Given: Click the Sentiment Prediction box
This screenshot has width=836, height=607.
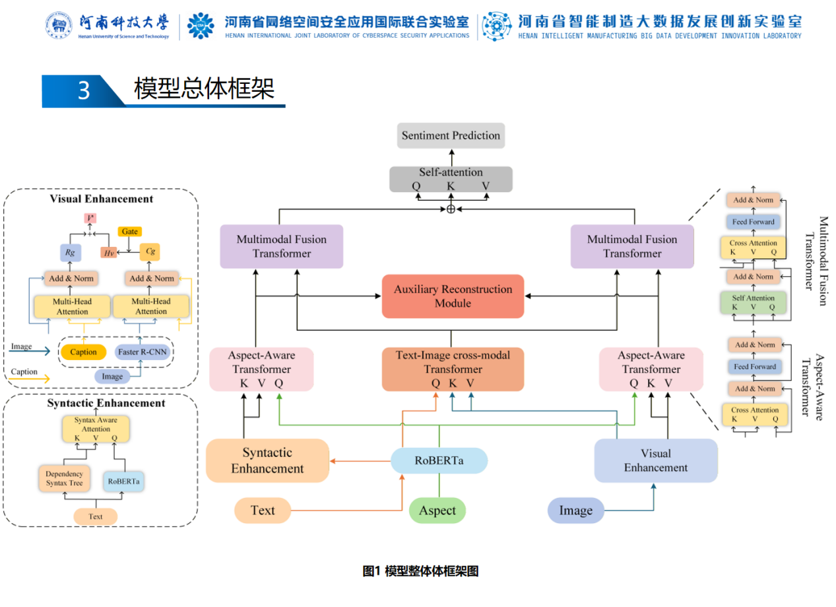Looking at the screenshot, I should tap(451, 135).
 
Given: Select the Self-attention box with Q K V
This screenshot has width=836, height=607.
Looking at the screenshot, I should tap(451, 179).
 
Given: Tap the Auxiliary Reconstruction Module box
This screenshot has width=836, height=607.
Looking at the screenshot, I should tap(453, 296).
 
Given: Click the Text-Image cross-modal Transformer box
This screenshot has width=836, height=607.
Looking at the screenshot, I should tap(453, 369).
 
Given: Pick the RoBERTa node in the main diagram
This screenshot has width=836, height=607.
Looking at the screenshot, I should tap(439, 460).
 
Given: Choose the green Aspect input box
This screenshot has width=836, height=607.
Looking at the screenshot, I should tap(437, 511).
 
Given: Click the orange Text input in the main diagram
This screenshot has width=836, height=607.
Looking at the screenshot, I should tap(263, 511).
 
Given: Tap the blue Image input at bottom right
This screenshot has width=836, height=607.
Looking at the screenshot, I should tap(575, 511).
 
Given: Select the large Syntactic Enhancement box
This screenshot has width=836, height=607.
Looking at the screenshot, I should tap(267, 460).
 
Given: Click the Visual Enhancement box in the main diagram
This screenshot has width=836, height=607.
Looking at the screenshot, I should tap(655, 460).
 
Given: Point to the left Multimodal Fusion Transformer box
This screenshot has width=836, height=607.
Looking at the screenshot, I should tap(282, 246).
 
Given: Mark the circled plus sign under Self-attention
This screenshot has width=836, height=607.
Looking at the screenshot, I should tap(451, 209).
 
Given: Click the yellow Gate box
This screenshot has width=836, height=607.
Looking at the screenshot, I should tap(129, 232).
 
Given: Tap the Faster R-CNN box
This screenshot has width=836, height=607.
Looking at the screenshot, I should tap(143, 352).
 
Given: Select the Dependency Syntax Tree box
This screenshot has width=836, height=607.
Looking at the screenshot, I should tap(64, 478).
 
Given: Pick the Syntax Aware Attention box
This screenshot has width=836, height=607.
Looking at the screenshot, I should tap(96, 429).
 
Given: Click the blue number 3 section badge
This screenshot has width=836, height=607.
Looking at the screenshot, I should tap(83, 90).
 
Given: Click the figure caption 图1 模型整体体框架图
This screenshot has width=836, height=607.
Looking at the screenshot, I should tap(420, 571).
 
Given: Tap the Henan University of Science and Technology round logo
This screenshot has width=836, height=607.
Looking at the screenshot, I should tap(59, 25).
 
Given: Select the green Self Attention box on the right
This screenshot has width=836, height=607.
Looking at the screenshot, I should tap(753, 302).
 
